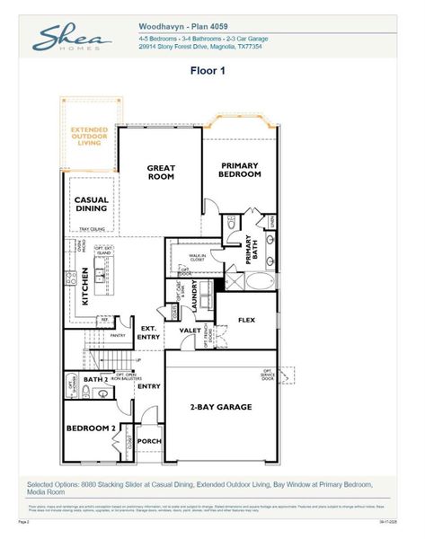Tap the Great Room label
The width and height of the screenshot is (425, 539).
click(162, 172)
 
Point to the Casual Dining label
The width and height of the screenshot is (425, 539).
click(91, 204)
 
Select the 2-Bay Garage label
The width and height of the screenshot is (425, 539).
click(220, 407)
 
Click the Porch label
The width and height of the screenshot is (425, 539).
click(149, 441)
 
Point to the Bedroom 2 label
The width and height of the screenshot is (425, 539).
click(91, 429)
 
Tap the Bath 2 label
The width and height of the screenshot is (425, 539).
click(96, 380)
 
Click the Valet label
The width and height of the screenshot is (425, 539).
click(190, 331)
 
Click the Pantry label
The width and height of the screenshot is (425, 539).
click(115, 334)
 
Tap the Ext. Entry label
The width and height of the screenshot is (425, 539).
click(147, 333)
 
